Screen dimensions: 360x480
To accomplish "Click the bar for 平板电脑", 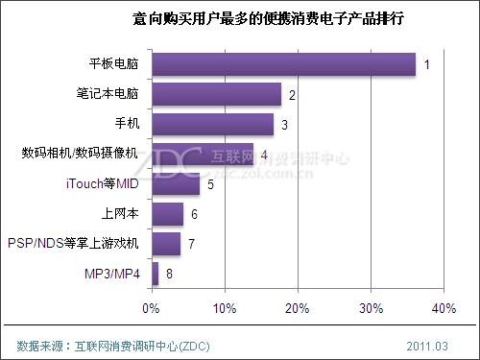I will [x=283, y=64].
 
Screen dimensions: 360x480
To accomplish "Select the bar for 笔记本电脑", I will [x=216, y=94].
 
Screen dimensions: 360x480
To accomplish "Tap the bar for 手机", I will [x=212, y=124].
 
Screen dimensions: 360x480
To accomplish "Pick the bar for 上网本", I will [x=167, y=213].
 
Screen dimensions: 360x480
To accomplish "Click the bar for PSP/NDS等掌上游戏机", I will [x=166, y=244].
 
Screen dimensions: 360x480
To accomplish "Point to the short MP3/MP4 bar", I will [x=155, y=274].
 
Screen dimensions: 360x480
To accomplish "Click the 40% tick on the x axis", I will [x=444, y=308].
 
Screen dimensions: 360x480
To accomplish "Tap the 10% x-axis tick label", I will [x=224, y=308].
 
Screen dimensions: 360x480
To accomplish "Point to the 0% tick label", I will [x=151, y=308].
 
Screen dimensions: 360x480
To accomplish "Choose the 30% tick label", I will [x=371, y=308].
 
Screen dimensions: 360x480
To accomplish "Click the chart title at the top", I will [x=241, y=18].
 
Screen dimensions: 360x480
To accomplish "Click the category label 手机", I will [x=126, y=124].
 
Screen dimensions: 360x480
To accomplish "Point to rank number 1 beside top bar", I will [x=426, y=64].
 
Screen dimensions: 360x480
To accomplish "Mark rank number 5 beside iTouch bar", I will [x=209, y=183].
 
